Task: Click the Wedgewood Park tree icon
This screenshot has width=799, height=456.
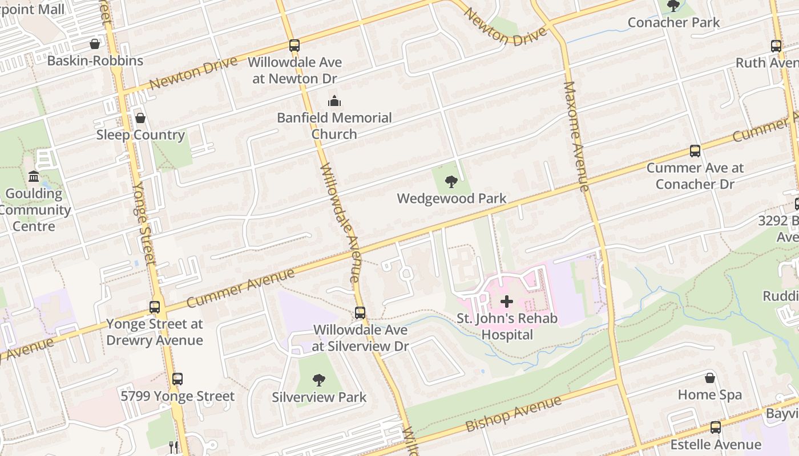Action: point(451,182)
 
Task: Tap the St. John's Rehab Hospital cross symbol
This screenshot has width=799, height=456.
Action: point(506,302)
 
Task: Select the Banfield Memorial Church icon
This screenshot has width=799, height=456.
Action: point(334,101)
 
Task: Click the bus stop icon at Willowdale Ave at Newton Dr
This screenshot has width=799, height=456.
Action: point(294,46)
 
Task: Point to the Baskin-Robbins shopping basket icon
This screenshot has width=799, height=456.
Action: point(95,44)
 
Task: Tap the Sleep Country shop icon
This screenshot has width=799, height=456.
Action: point(140,118)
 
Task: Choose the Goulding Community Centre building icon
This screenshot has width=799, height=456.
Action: point(34,177)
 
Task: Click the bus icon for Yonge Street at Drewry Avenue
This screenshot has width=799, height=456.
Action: point(155,307)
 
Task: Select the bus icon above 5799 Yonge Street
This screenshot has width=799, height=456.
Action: point(177,379)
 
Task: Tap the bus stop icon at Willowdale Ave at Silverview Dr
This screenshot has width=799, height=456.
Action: point(360,313)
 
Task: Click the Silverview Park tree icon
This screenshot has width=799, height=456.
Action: point(319,380)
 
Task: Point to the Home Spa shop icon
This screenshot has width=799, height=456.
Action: point(710,378)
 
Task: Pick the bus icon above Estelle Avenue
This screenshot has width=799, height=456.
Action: point(716,427)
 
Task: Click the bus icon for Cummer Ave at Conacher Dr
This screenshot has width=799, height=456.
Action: point(695,151)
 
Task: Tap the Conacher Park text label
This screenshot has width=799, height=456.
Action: point(673,23)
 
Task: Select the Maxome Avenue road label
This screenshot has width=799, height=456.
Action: point(576,137)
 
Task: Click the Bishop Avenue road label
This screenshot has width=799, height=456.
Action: point(513,414)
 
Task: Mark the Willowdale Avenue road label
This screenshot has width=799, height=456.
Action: point(340,222)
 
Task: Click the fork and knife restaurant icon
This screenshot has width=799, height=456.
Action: point(173,446)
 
